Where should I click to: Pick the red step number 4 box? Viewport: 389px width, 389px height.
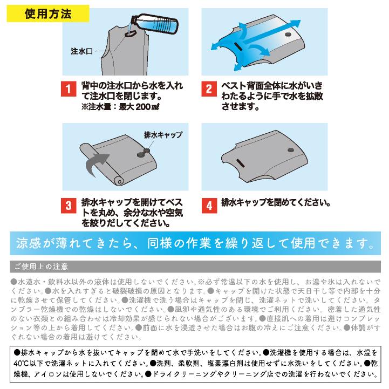click(209, 206)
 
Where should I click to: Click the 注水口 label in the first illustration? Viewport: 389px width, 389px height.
click(82, 51)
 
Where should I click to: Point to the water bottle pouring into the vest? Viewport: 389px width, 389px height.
click(157, 24)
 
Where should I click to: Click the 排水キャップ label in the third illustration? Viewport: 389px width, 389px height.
click(163, 134)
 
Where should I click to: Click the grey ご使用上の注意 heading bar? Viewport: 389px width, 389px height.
click(194, 267)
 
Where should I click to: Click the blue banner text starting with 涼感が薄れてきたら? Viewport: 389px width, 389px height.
click(194, 243)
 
